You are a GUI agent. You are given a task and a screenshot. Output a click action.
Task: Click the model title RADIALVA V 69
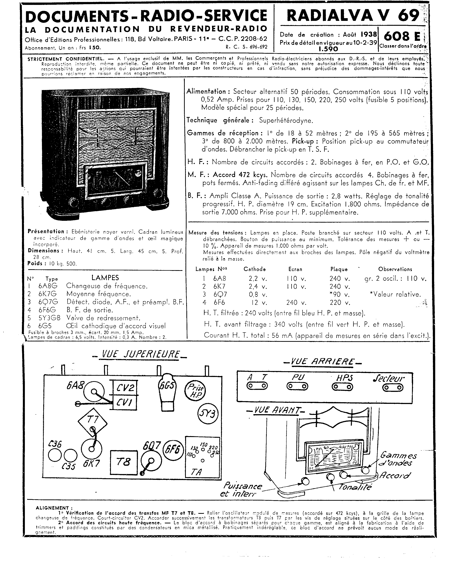(353, 16)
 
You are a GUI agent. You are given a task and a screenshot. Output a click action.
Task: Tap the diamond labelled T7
(93, 420)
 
